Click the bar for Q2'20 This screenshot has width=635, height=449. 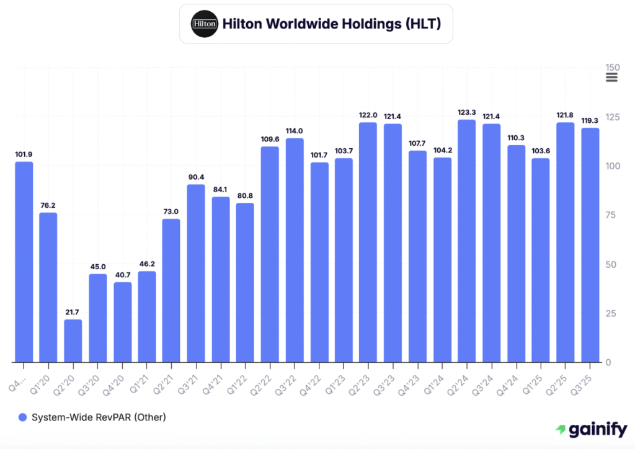[73, 340]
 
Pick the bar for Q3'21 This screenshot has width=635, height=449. [196, 273]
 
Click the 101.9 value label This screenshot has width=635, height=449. [24, 154]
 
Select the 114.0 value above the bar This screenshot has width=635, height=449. [295, 131]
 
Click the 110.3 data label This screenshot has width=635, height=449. [516, 138]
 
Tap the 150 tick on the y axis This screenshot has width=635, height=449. [613, 68]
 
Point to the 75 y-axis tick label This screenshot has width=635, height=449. [610, 215]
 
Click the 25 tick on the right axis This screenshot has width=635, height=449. [610, 313]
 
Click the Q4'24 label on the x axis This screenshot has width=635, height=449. [514, 374]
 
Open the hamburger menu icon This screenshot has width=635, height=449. [611, 78]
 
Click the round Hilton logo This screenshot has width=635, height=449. [205, 24]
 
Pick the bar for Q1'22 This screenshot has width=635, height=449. [245, 282]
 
